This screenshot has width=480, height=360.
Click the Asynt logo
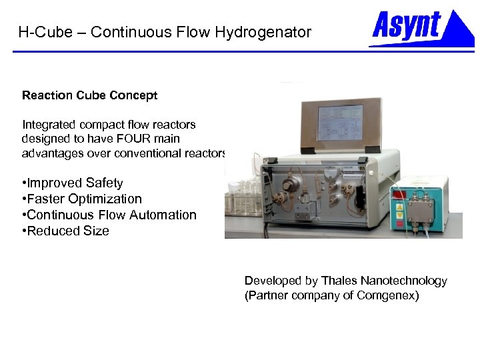click(421, 28)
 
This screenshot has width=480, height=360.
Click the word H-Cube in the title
click(43, 32)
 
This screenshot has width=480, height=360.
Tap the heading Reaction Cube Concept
click(89, 95)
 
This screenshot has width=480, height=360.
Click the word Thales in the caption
click(339, 281)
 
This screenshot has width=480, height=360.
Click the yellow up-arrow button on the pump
click(399, 207)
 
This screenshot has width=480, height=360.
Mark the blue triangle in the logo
click(459, 29)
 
